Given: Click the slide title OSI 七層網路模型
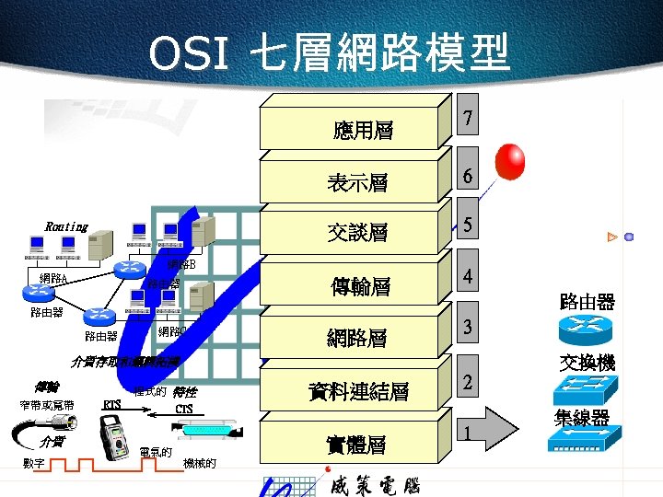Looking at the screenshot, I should pos(329,53).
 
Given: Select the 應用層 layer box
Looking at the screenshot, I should pos(363,131).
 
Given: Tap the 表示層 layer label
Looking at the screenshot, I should pos(357,183).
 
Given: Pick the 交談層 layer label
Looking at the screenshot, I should pos(357,233).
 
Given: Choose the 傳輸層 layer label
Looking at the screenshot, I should pos(360,287).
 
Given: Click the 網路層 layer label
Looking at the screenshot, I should pos(357,338).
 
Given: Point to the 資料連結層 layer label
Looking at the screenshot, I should pos(360,392).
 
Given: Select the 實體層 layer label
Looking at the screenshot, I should pos(357,445).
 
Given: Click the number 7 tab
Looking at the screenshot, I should pos(470,119).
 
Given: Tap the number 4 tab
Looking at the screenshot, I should pos(469,276).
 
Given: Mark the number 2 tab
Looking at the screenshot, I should pos(469,381).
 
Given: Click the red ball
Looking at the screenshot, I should pos(510,163).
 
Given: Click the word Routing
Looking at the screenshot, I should pos(66,226).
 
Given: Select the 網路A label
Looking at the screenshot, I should pos(56,277).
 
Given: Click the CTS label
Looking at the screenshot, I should pos(184,408).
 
